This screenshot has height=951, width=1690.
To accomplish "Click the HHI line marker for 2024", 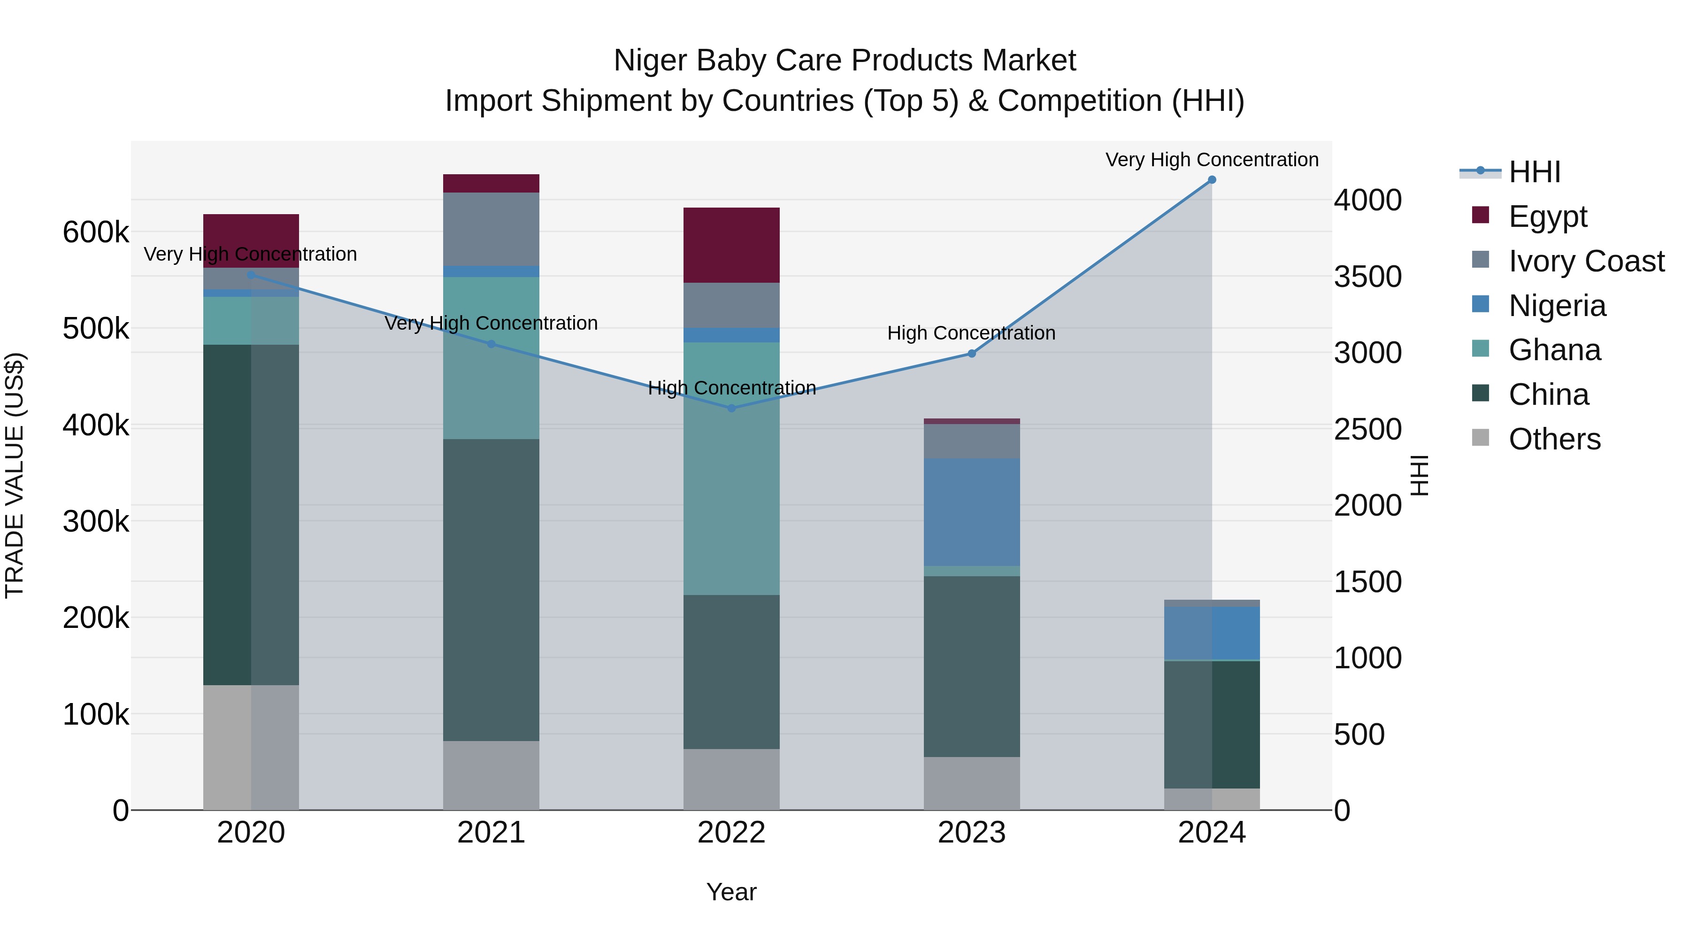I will [1212, 180].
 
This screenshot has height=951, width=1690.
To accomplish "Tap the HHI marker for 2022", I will [731, 408].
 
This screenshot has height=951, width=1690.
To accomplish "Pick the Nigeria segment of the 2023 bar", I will [972, 512].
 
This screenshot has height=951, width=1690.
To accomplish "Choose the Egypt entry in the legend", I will [1547, 216].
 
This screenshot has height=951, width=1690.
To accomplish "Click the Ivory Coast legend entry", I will [1586, 261].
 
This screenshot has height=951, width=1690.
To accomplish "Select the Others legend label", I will [1554, 439].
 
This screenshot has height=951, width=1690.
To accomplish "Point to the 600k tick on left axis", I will [96, 232].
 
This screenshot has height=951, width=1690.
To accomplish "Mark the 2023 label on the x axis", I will [972, 833].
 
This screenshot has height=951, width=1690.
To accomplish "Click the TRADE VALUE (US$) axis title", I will [15, 475].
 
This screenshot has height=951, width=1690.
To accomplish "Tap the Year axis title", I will [731, 892].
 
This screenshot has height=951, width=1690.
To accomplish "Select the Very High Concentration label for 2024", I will [1212, 160].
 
